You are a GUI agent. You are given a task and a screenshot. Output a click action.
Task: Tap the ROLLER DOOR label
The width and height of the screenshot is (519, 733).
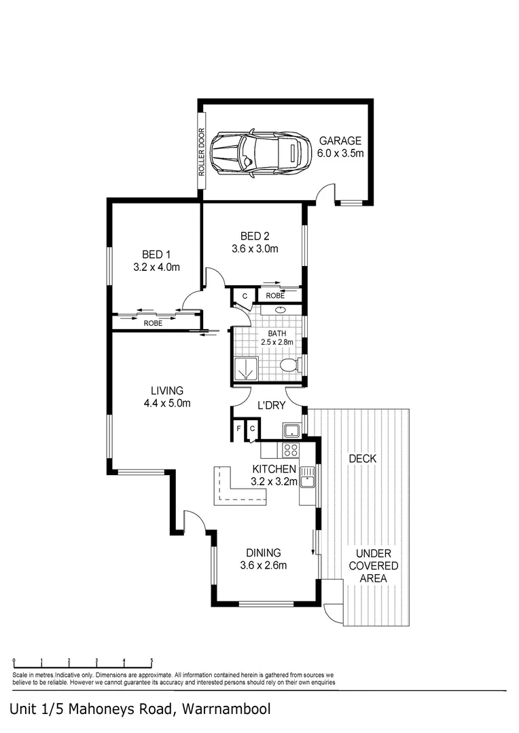[x=202, y=154]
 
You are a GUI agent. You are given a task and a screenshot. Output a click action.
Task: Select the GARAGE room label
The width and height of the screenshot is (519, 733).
[x=340, y=141]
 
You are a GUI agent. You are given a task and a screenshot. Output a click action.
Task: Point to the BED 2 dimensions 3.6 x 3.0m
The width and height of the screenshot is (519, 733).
[x=255, y=248]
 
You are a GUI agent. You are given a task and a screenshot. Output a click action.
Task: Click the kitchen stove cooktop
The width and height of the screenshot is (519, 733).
[x=289, y=449]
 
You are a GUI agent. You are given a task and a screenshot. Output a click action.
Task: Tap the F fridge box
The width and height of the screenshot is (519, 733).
[x=238, y=430]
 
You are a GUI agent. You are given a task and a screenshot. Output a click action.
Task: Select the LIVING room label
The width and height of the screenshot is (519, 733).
[x=167, y=391]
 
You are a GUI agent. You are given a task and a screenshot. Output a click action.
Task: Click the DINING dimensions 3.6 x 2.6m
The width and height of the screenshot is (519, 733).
[x=264, y=565]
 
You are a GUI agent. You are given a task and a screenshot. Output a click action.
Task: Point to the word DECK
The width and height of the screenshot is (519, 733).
[x=362, y=459]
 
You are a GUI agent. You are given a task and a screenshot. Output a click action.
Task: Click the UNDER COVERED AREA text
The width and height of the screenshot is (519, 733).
[x=373, y=566]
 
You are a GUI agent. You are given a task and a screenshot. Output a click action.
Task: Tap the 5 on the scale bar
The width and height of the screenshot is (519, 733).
[x=151, y=660]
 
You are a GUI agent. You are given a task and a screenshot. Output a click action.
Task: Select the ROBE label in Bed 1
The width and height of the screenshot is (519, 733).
[x=153, y=324]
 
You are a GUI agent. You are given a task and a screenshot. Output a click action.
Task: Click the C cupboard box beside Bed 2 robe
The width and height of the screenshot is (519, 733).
[x=244, y=296]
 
